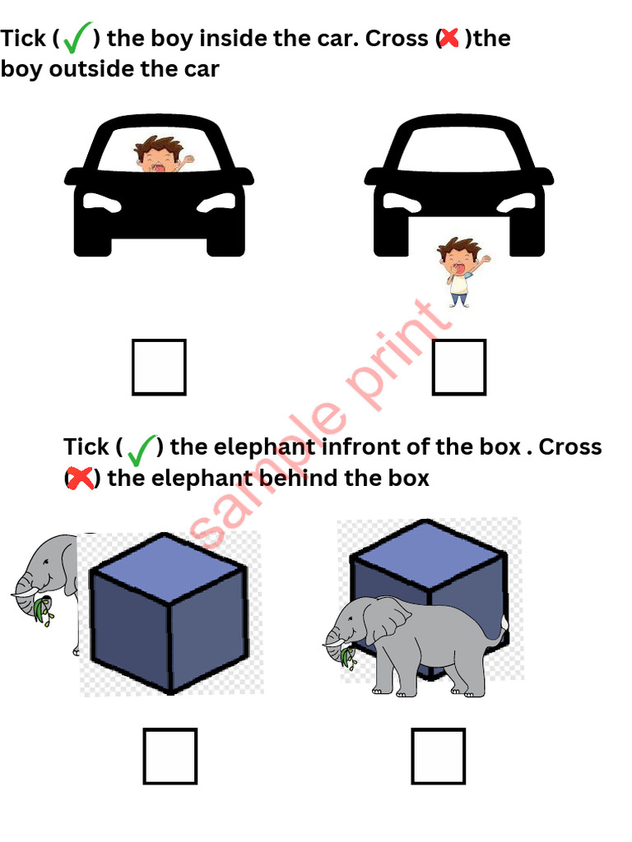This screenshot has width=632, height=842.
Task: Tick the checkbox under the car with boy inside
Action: pos(159,367)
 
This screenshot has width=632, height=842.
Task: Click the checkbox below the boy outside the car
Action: pos(459,367)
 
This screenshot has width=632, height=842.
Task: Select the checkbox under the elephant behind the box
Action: pos(170,756)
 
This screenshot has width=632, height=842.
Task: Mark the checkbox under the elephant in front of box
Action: pos(439,756)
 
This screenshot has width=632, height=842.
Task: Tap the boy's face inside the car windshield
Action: pos(159,156)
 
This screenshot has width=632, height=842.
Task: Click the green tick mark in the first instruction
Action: pos(77,38)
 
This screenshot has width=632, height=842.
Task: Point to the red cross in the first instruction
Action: pos(449,38)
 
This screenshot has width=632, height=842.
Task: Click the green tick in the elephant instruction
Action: pos(142,449)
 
